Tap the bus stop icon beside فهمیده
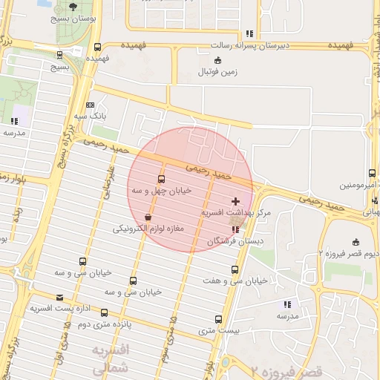[98, 47]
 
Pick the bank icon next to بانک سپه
[91, 105]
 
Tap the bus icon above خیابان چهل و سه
[162, 179]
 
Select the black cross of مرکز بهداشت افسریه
[236, 201]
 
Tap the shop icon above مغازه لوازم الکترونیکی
[148, 217]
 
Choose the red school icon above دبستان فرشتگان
[236, 229]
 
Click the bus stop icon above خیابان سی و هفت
[235, 269]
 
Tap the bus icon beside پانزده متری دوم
[104, 312]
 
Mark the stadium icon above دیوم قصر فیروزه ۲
[356, 241]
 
